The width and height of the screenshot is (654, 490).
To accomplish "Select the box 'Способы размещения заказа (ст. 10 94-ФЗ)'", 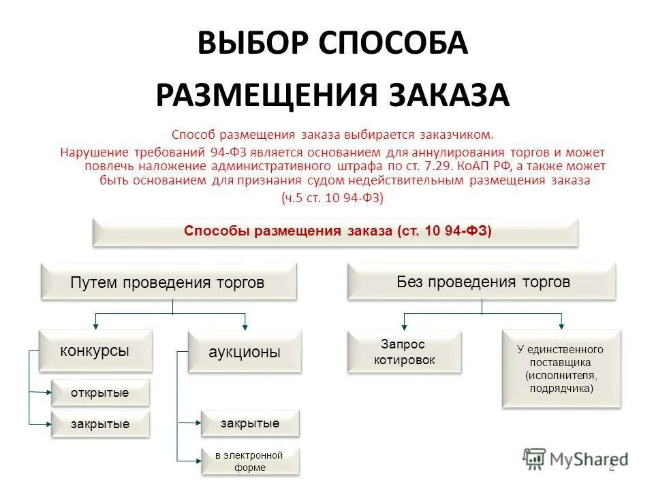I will coord(335,231).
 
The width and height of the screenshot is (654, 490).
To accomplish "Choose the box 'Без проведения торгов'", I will coord(482,282).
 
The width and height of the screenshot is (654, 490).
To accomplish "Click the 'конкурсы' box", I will coord(95,350).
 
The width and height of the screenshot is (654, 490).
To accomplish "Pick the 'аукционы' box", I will coord(245,352).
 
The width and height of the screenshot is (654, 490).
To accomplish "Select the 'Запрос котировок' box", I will coord(404,352).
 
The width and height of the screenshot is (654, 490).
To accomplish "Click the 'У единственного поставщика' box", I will coord(561,368).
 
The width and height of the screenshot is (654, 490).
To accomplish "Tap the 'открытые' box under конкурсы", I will coord(99,393).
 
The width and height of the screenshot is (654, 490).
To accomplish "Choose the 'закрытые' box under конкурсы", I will coord(99,424).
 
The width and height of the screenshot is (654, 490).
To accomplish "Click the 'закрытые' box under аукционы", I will coord(249,423).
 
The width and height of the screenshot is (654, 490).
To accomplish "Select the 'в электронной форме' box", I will coord(249,461).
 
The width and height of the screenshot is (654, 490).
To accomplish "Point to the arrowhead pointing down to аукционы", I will coord(245,327).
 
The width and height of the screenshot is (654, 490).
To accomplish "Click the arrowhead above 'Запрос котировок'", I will coord(404,327).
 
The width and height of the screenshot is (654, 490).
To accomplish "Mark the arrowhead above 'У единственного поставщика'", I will coord(561,326).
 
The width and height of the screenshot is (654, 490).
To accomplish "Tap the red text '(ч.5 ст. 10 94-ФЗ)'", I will coord(333,197).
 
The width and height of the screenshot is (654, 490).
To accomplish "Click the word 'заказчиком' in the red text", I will coord(456,135).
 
